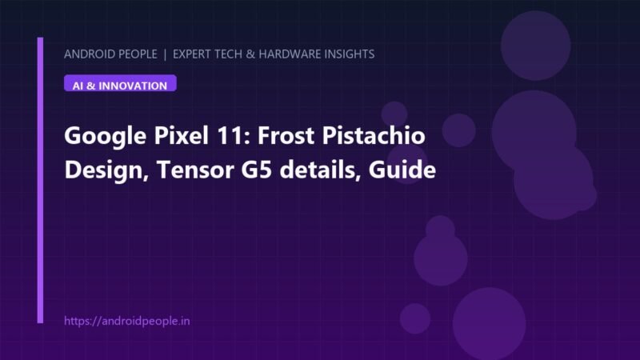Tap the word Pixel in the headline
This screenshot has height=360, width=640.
click(x=181, y=135)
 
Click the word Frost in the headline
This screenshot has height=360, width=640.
click(x=286, y=135)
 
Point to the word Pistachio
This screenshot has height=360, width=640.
click(x=374, y=135)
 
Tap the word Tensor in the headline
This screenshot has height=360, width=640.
click(x=195, y=170)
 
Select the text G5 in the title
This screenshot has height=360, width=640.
click(x=256, y=170)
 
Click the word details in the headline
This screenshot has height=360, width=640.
click(x=320, y=170)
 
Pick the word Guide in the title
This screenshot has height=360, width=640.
click(x=402, y=170)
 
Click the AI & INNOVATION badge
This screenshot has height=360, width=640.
click(x=120, y=83)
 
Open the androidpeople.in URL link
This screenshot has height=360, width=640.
click(x=127, y=322)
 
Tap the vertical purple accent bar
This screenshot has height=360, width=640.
click(x=40, y=181)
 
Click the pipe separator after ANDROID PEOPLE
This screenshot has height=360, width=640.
click(x=165, y=54)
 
